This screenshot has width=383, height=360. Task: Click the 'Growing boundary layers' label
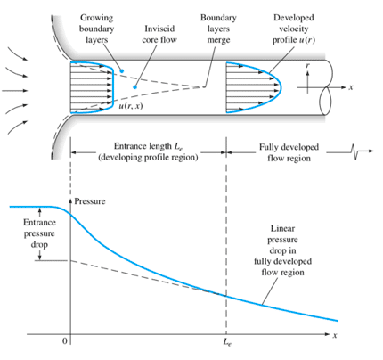pyautogui.click(x=96, y=29)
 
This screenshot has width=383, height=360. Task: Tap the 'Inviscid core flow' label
pyautogui.click(x=159, y=34)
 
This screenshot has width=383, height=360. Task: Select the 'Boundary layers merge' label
pyautogui.click(x=218, y=29)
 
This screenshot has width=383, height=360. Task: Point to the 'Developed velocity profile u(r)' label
pyautogui.click(x=294, y=29)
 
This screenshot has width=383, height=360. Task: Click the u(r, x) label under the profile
pyautogui.click(x=131, y=106)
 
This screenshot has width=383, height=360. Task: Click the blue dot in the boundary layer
pyautogui.click(x=121, y=71)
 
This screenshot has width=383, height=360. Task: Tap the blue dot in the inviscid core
pyautogui.click(x=134, y=87)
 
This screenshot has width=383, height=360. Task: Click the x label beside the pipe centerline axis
pyautogui.click(x=351, y=87)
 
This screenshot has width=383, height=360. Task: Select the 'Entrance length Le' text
pyautogui.click(x=148, y=146)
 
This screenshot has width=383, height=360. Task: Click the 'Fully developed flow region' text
pyautogui.click(x=289, y=152)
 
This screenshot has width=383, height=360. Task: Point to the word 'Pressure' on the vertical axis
pyautogui.click(x=90, y=201)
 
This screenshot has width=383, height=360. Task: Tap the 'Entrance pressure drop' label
pyautogui.click(x=39, y=233)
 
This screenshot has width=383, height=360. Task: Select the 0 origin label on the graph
pyautogui.click(x=65, y=341)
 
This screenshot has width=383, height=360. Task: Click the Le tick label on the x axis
pyautogui.click(x=227, y=342)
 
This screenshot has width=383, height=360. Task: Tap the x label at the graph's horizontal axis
pyautogui.click(x=335, y=335)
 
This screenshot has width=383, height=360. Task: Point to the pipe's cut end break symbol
pyautogui.click(x=326, y=87)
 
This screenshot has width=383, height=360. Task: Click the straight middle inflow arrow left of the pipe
pyautogui.click(x=15, y=90)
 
